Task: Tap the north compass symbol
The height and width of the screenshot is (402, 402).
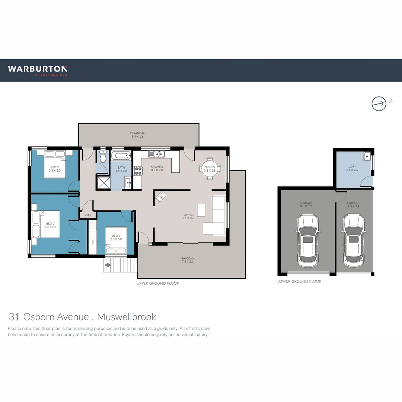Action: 379,103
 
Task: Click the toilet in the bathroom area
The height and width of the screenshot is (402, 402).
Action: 103,157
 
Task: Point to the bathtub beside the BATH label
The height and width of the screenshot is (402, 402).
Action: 121,156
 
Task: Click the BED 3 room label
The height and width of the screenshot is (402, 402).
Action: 116,236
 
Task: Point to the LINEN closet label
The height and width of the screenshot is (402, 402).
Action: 87,215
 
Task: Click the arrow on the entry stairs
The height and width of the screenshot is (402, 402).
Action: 108,265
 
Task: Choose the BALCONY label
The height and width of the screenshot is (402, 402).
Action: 188,258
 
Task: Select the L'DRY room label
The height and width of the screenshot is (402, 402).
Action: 352,166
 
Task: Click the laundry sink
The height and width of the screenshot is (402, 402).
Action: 367,156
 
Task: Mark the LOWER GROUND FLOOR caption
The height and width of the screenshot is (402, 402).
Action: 299,281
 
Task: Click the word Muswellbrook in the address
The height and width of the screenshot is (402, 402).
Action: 127,317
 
